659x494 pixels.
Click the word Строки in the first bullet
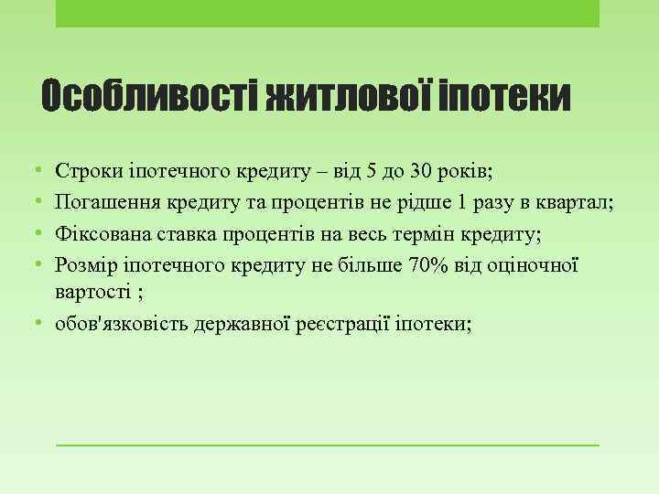tap(84, 171)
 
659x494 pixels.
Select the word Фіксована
tap(97, 233)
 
